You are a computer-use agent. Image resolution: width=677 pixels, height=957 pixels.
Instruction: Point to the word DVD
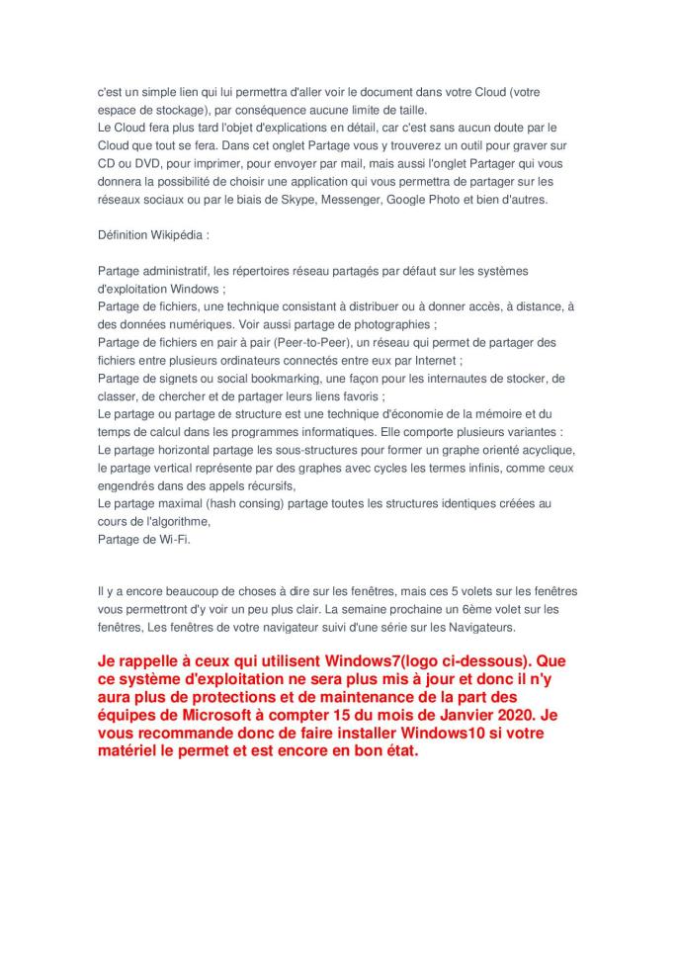[141, 163]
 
